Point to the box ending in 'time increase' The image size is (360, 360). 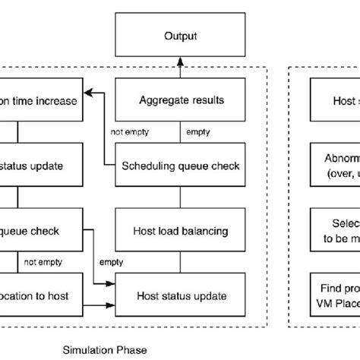click(38, 99)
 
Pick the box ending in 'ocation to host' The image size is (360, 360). click(38, 294)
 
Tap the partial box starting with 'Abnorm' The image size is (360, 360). click(333, 164)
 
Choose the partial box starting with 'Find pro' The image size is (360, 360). click(333, 294)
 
